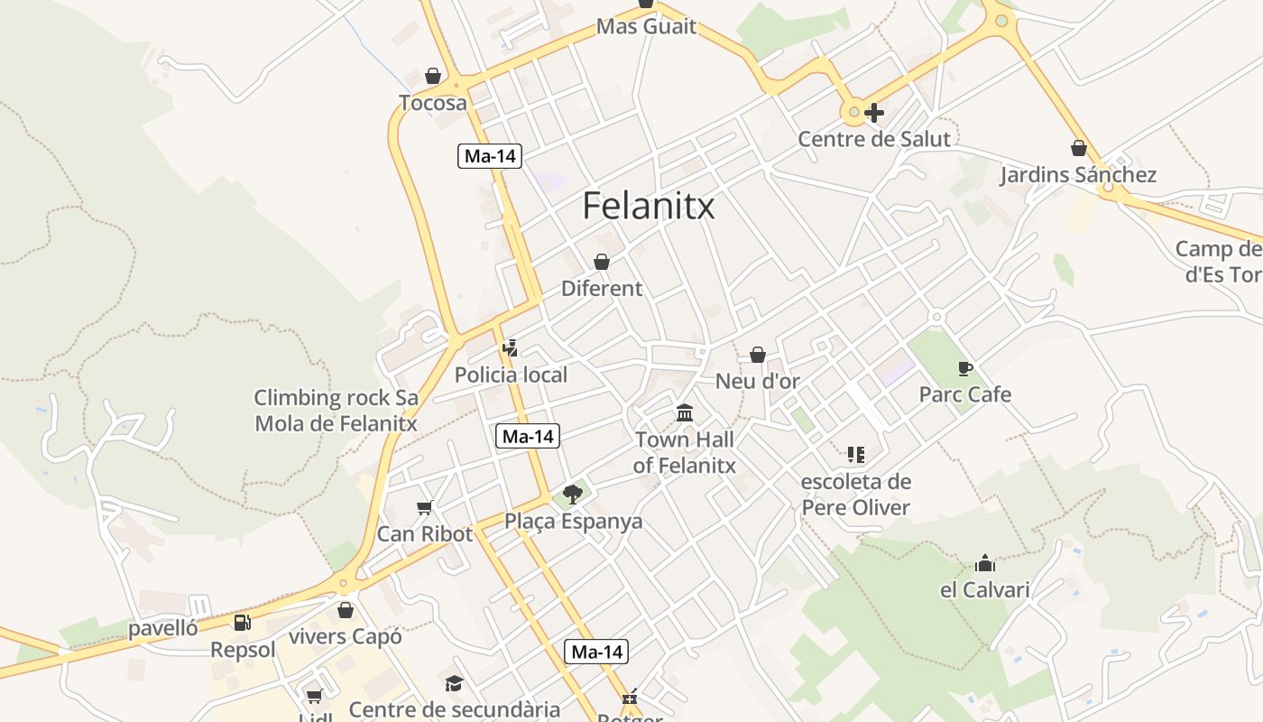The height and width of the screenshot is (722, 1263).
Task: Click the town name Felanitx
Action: click(x=648, y=206)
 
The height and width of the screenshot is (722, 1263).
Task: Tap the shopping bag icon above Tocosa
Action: click(x=433, y=76)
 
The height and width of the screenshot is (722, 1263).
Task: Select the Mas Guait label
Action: click(x=646, y=26)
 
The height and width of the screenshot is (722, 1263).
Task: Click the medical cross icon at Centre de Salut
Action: click(x=873, y=113)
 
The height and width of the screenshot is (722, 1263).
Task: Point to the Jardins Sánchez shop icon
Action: click(x=1078, y=148)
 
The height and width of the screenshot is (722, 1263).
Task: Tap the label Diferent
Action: click(x=602, y=289)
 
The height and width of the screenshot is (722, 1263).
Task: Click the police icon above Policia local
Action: click(x=510, y=348)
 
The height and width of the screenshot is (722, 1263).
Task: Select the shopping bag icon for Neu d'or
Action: click(x=758, y=355)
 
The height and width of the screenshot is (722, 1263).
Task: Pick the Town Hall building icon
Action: click(x=685, y=413)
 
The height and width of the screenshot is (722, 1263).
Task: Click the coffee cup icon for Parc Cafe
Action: click(x=964, y=368)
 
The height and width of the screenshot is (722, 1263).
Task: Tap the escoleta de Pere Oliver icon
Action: click(x=855, y=455)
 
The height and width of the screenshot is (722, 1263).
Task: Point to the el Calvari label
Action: click(x=984, y=590)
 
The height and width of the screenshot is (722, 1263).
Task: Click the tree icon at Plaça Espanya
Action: click(x=572, y=494)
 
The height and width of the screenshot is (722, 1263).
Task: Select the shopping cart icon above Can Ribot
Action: click(x=424, y=507)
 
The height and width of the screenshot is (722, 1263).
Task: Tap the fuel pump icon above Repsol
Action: click(x=242, y=622)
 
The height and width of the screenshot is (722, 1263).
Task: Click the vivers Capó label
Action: click(x=345, y=636)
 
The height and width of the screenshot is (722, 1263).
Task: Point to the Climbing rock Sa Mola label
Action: click(x=336, y=410)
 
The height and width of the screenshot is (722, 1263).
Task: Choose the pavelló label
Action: click(x=162, y=628)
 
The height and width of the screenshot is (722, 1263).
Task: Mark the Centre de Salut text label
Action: click(x=873, y=139)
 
